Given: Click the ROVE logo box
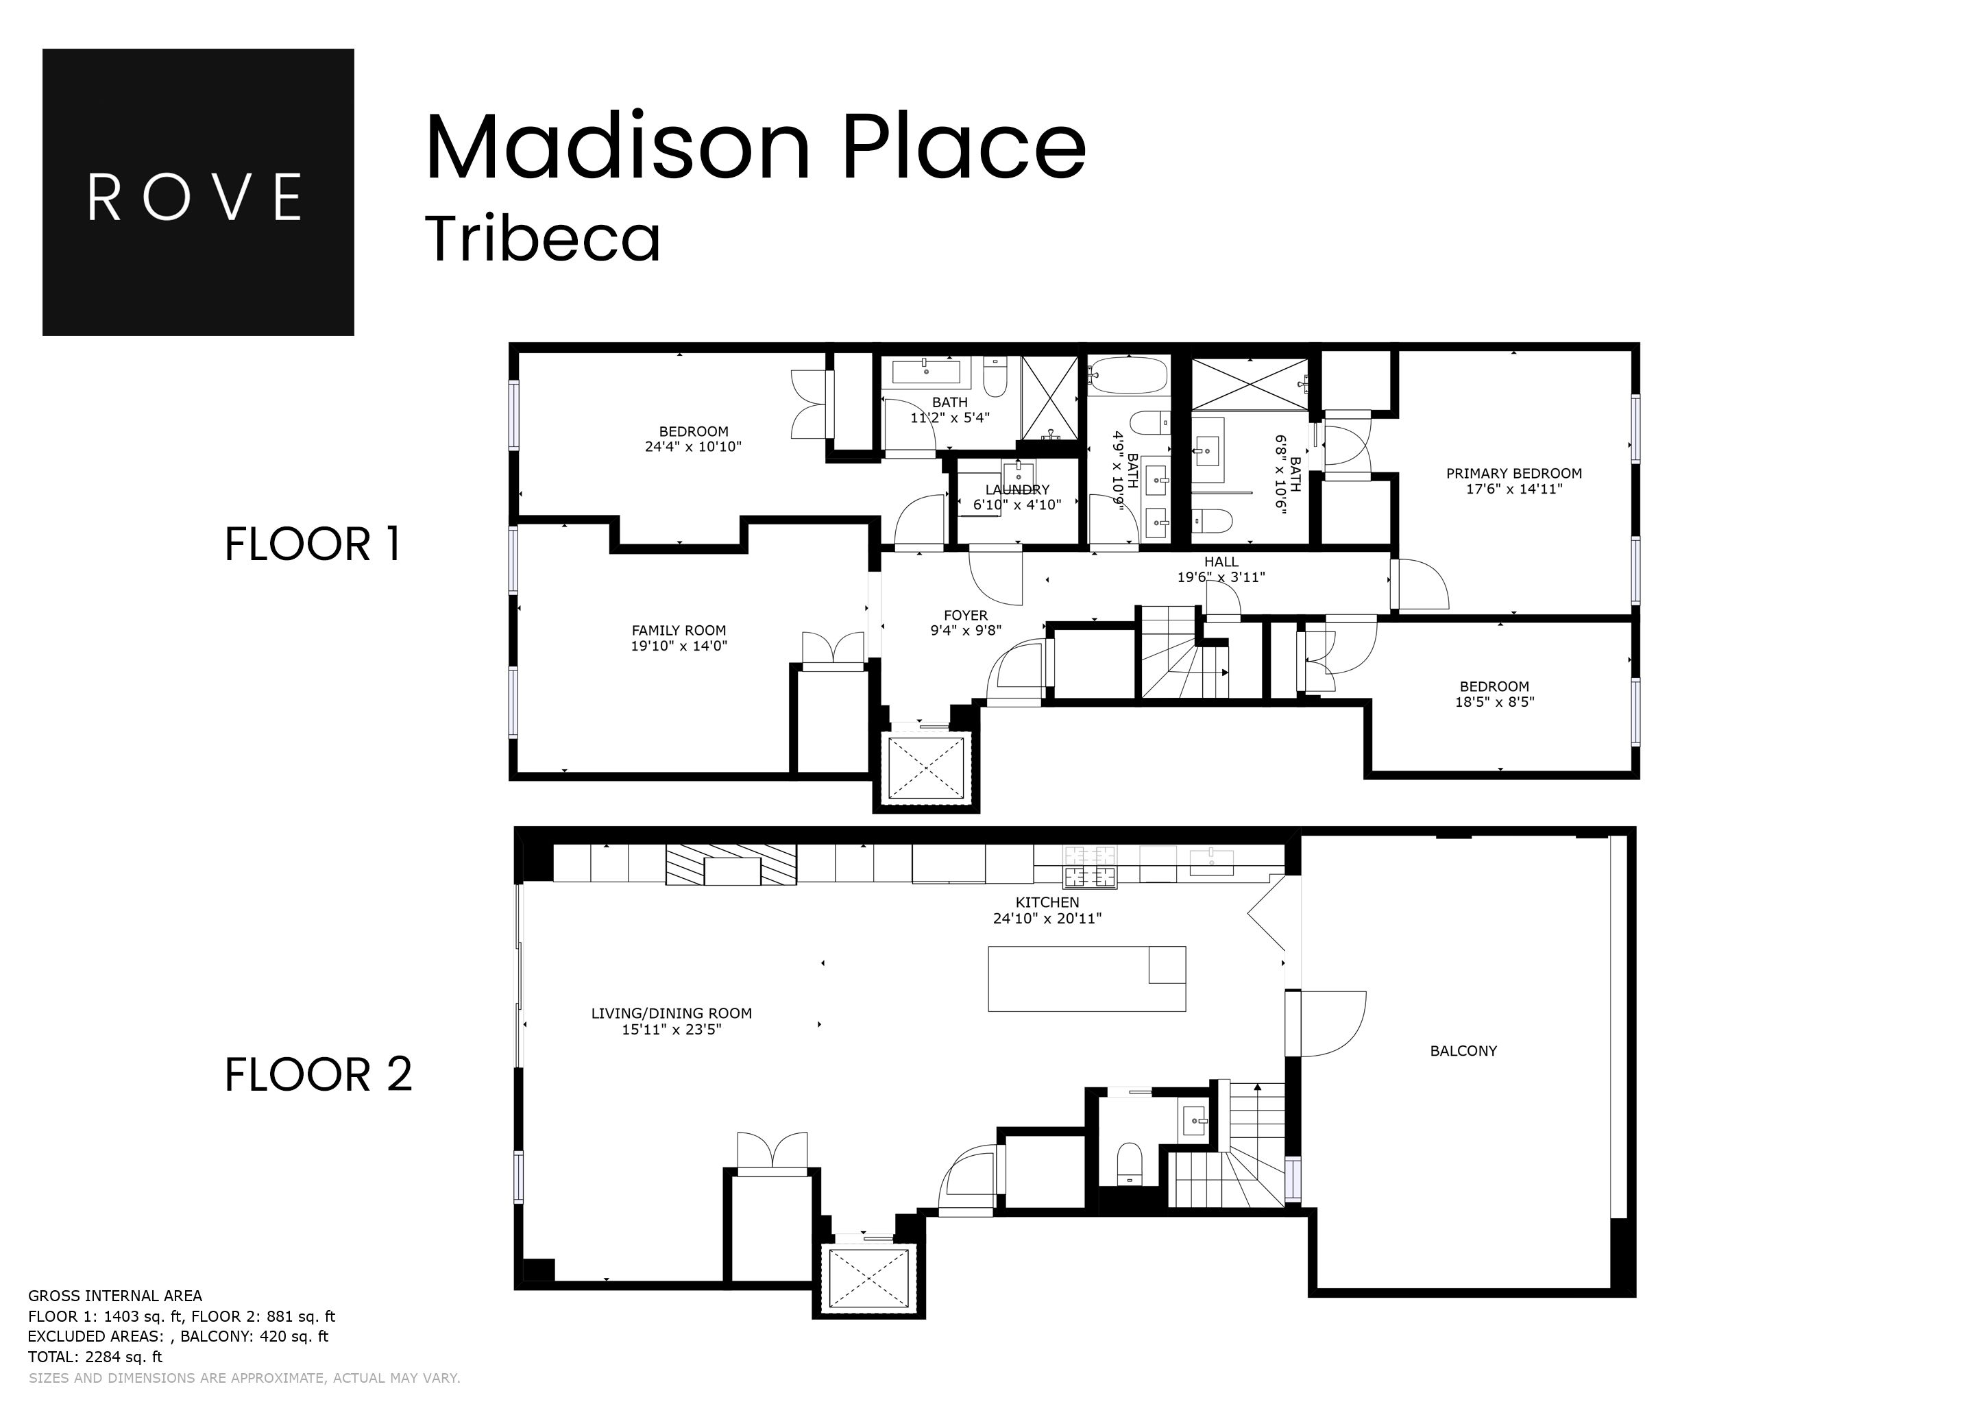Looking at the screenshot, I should click(198, 192).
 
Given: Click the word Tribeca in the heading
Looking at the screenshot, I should click(543, 239).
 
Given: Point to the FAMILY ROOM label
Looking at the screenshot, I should click(678, 630).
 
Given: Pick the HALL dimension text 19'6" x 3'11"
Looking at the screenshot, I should click(1220, 577).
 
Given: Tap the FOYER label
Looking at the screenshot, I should click(965, 616).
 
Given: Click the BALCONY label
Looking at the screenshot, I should click(1463, 1050).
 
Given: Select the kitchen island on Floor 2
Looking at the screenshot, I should click(1086, 979).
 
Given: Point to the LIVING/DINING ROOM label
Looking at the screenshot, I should click(671, 1013).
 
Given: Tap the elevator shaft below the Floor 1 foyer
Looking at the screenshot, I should click(925, 768).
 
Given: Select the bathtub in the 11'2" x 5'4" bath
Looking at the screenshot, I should click(925, 373).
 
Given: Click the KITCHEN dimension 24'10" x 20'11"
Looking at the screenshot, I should click(1046, 918).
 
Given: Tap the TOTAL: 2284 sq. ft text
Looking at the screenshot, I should click(95, 1357).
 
